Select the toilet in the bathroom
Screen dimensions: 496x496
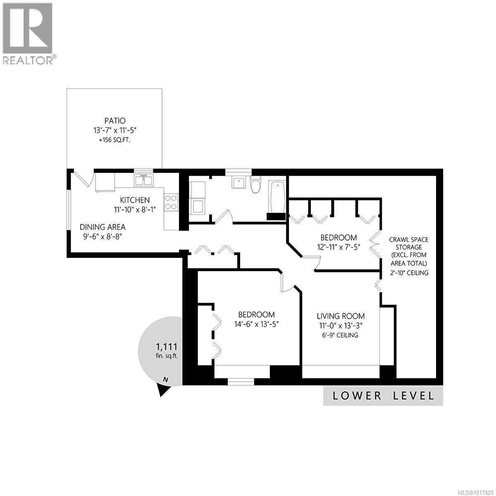(x=255, y=184)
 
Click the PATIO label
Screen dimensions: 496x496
(x=114, y=121)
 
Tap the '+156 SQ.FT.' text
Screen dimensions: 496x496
(x=114, y=140)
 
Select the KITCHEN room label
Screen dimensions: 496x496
(x=132, y=200)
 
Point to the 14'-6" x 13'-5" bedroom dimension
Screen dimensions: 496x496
(x=256, y=324)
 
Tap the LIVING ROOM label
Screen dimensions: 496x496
(x=341, y=316)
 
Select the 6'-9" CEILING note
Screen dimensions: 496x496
(x=341, y=335)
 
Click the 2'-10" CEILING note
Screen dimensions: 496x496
(x=409, y=273)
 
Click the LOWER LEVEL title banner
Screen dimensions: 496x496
(x=383, y=396)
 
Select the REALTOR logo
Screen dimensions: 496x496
(x=28, y=33)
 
